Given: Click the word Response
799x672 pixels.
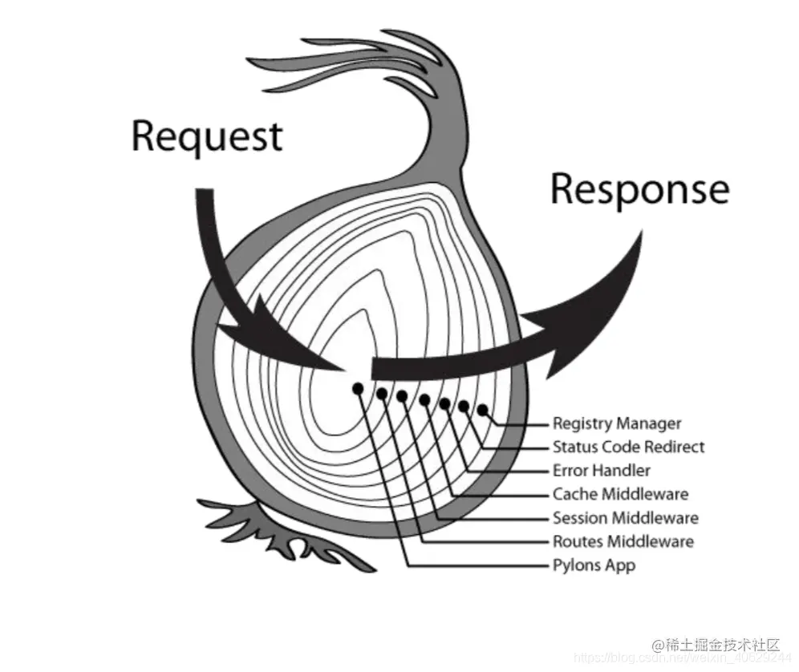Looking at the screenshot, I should (639, 190).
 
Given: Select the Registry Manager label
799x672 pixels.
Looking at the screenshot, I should (616, 423).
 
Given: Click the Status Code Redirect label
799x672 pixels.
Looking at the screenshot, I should (628, 447).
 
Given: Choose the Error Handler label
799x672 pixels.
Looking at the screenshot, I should (601, 470).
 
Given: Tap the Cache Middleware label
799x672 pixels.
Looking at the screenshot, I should (620, 494).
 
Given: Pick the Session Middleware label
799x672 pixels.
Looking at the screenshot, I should (625, 517).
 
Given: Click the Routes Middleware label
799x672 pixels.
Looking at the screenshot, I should (623, 541).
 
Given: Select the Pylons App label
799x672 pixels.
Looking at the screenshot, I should (594, 565).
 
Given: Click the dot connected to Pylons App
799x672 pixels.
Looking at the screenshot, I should (358, 388).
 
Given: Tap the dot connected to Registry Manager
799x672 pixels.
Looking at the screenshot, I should (482, 410).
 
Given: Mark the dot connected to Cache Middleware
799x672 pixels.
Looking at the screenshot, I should (424, 399).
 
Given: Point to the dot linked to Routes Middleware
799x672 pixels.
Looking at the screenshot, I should (382, 394).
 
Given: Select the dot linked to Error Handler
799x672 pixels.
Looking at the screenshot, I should (444, 403).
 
